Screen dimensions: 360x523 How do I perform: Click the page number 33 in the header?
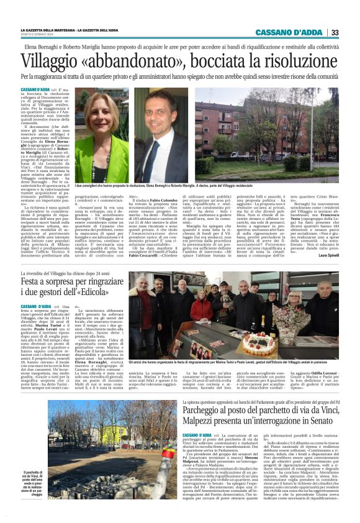point(335,32)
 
